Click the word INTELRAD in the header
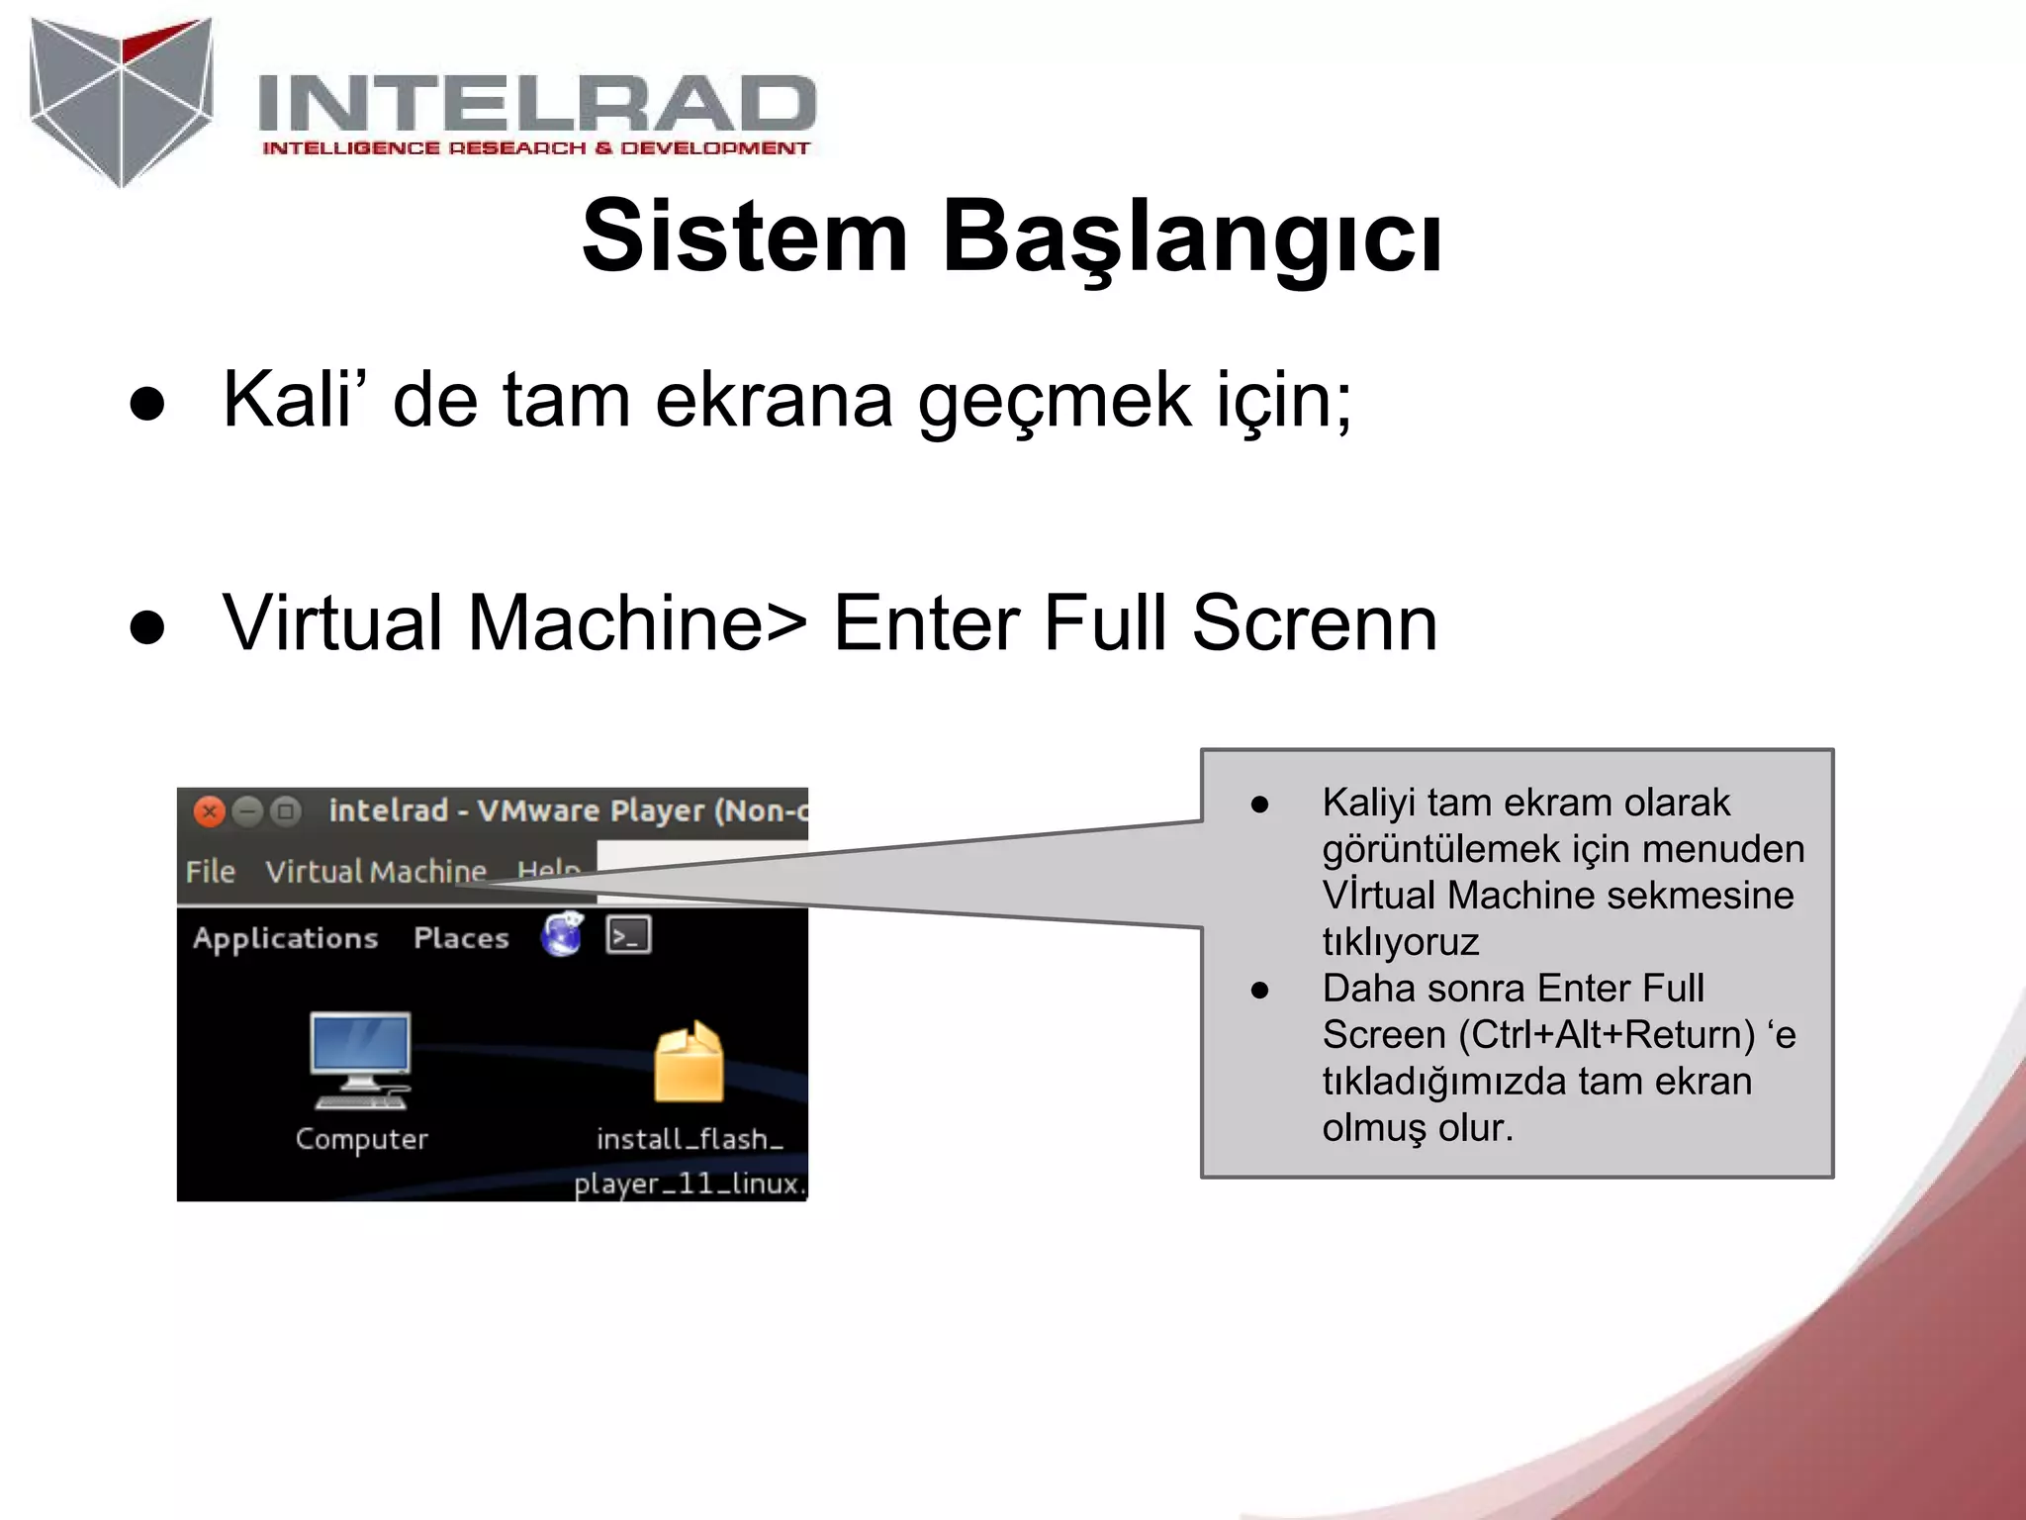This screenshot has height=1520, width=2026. (536, 103)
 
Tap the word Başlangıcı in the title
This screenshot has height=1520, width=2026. (1191, 237)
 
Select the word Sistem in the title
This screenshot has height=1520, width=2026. (744, 237)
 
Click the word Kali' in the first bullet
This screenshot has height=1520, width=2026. (288, 400)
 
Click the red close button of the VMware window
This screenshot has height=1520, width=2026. (209, 811)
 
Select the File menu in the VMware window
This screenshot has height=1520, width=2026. (210, 872)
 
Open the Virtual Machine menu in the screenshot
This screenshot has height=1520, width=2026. (376, 872)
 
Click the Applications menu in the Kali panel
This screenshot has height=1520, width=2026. (285, 938)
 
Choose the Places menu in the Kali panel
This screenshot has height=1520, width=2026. (461, 938)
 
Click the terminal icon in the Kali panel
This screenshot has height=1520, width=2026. (628, 935)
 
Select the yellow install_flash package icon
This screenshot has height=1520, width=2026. (689, 1063)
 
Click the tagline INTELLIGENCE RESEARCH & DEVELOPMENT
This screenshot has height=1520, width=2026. (535, 148)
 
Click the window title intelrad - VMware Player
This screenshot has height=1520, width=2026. (567, 811)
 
